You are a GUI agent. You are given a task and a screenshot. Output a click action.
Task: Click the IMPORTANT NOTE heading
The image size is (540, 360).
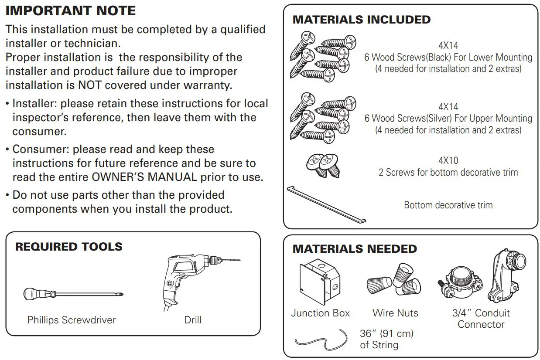coord(71,10)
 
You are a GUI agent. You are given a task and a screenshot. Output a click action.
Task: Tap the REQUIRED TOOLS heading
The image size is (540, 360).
coord(69,247)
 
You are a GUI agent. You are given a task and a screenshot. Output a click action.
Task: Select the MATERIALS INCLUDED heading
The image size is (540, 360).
coord(362,20)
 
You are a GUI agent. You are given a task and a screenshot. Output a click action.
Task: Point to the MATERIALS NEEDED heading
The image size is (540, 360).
coord(355,249)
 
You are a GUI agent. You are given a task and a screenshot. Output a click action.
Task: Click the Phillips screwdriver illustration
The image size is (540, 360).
coord(73,294)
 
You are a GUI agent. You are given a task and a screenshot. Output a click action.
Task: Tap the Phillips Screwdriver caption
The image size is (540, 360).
coord(72,320)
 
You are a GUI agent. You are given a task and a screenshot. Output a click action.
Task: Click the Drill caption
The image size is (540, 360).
coord(193,320)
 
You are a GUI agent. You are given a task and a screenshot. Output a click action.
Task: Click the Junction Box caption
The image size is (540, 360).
coord(320,313)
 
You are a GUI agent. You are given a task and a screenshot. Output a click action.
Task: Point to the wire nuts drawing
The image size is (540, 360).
coord(394,282)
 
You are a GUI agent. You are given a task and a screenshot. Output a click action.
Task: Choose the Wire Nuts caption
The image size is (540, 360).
coord(395,313)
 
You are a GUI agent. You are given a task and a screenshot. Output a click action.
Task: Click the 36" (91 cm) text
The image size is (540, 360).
coord(386,333)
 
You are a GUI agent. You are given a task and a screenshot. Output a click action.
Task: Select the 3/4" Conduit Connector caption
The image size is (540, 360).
coord(481,319)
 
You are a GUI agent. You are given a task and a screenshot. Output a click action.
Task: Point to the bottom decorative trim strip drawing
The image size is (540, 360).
coord(326,204)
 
